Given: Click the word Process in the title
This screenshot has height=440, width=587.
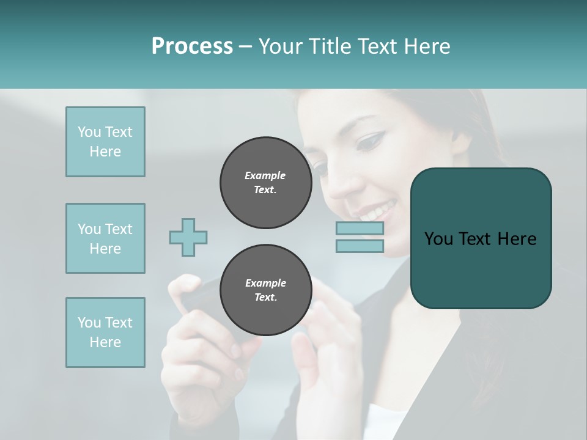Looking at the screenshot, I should click(x=192, y=46).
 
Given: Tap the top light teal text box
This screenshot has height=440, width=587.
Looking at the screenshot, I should click(x=105, y=142).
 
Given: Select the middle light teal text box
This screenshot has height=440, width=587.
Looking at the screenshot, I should click(x=105, y=238).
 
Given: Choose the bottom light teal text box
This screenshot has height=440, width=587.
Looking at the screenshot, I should click(x=105, y=332).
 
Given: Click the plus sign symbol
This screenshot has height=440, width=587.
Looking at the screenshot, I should click(x=188, y=237).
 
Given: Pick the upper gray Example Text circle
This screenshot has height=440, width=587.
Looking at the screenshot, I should click(x=265, y=183).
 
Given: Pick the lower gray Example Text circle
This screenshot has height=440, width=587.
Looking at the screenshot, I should click(x=265, y=290).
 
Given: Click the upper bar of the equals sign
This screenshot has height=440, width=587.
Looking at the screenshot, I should click(x=360, y=229).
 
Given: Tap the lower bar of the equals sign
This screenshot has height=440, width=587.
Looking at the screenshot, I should click(x=360, y=246).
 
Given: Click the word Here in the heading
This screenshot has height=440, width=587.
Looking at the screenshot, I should click(x=426, y=46).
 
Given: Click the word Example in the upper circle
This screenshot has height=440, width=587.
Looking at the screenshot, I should click(x=265, y=175).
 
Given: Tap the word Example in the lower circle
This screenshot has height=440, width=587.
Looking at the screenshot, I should click(x=265, y=283).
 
